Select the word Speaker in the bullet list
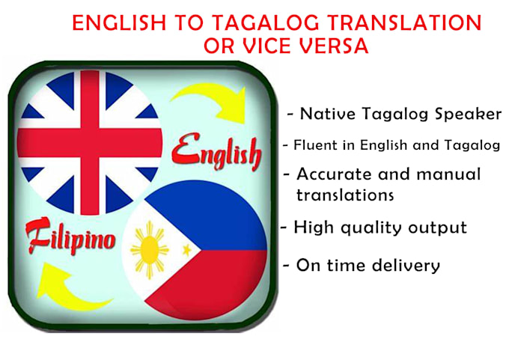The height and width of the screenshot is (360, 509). (465, 115)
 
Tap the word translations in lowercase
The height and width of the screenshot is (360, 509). (344, 195)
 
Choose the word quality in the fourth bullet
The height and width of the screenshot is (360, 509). (373, 227)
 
